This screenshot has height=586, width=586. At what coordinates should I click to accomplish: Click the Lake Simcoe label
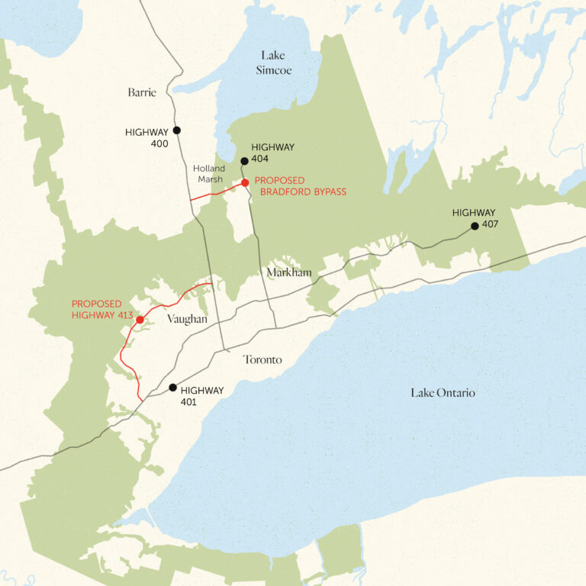(276, 63)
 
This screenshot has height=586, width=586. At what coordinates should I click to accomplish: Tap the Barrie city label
(142, 93)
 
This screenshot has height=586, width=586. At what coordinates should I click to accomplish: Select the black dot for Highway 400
(177, 130)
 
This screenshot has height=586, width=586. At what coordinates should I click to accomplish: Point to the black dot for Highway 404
(244, 161)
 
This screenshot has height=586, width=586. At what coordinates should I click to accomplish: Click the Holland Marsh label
(208, 173)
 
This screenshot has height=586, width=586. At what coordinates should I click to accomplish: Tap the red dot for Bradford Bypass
(245, 182)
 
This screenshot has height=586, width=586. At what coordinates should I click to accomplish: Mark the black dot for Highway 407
(475, 226)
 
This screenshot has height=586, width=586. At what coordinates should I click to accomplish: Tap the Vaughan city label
(187, 319)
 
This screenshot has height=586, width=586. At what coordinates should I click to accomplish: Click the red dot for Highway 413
(140, 320)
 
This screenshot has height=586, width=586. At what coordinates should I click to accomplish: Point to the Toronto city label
(262, 359)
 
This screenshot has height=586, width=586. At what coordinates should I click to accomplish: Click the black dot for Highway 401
(173, 388)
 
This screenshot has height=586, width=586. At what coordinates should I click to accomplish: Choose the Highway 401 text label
(202, 395)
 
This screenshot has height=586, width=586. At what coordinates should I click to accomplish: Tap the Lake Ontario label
(443, 392)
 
